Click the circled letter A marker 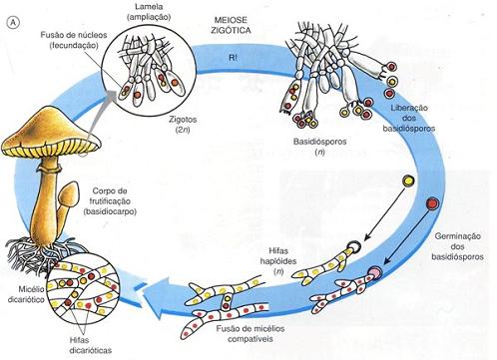[x=13, y=23]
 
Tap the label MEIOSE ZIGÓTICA [x=231, y=25]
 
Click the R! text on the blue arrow [x=233, y=57]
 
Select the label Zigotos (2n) [x=183, y=124]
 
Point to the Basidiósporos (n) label [x=319, y=147]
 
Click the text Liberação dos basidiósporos [x=409, y=118]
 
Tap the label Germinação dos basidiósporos [x=457, y=246]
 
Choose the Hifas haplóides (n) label [x=278, y=261]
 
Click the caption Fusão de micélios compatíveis [x=250, y=333]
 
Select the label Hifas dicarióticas [x=91, y=345]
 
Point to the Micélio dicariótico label [x=27, y=294]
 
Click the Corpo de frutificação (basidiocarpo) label [x=110, y=201]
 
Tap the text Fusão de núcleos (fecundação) [x=74, y=40]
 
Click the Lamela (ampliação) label [x=149, y=12]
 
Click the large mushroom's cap [x=50, y=133]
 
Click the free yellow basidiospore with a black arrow [x=408, y=181]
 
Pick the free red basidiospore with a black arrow [x=433, y=203]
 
